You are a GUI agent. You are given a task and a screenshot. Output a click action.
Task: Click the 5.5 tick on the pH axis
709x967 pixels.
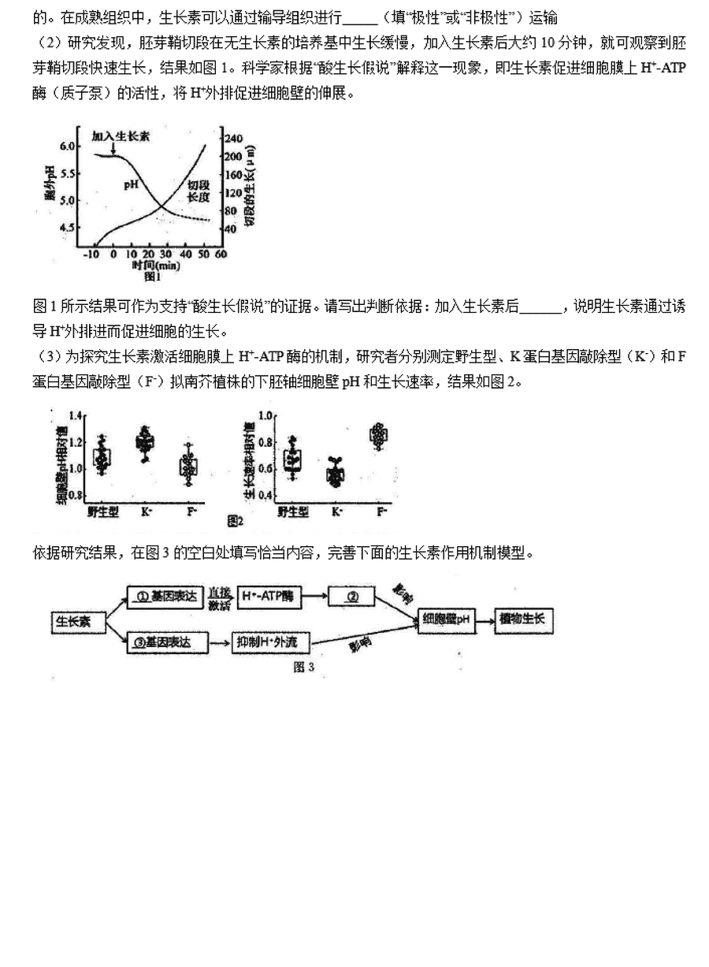69,173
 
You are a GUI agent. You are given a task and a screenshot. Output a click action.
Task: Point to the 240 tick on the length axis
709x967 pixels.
234,139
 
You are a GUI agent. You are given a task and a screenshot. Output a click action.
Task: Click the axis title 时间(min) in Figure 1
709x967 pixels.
156,266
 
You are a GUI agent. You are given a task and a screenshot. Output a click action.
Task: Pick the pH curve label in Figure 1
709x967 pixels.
132,185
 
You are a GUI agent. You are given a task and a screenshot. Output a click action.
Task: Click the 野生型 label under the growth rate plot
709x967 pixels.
293,511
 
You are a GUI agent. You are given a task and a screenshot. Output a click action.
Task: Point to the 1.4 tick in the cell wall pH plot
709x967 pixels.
75,415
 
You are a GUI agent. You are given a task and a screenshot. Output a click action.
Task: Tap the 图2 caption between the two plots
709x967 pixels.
235,520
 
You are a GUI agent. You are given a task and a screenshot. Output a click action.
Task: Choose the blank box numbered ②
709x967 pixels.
354,597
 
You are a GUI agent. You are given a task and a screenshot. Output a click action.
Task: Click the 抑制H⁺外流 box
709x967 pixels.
266,643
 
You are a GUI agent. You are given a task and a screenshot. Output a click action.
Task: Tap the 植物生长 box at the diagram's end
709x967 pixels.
522,619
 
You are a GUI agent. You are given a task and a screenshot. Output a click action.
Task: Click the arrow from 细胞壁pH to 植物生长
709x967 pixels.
484,619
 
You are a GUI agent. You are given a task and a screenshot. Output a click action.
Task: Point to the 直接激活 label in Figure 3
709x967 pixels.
221,597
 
